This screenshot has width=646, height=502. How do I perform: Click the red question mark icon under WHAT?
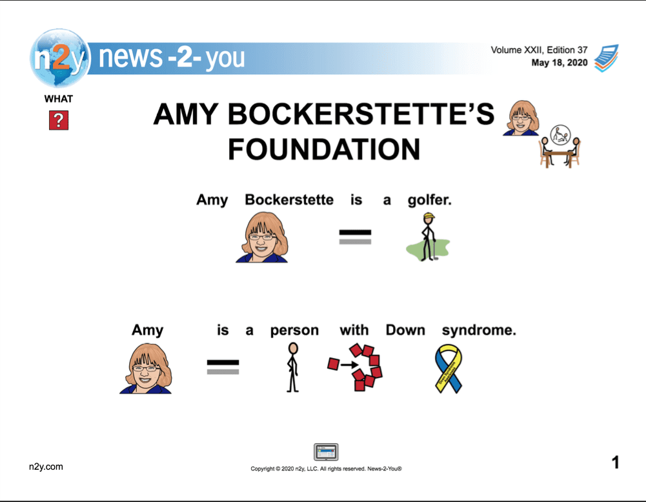point(59,120)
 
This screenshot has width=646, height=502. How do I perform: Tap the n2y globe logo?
point(59,58)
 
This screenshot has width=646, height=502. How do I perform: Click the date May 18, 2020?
point(559,63)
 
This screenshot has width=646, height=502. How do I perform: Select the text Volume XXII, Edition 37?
point(539,50)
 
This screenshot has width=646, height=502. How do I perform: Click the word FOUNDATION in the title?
point(324,149)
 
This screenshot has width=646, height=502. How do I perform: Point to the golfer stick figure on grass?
point(428,237)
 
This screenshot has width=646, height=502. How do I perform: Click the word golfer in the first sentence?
point(429,200)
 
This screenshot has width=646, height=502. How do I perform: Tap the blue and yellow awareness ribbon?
point(449,368)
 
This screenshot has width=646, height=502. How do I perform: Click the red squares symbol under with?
point(355,368)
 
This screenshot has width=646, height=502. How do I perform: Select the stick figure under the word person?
point(292,368)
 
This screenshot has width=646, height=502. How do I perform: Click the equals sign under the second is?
point(223,367)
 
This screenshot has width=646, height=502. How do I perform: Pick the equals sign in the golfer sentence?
point(355,237)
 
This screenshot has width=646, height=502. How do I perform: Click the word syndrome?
point(479,330)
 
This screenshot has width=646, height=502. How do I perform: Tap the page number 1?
point(616,463)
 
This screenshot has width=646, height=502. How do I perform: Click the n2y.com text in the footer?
point(46,467)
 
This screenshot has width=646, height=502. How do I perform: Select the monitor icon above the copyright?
point(326,452)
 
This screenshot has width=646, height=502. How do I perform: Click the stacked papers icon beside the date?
point(606,58)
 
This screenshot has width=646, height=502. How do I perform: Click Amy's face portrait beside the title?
point(521,118)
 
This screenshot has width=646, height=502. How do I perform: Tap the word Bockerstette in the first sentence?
point(289,200)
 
